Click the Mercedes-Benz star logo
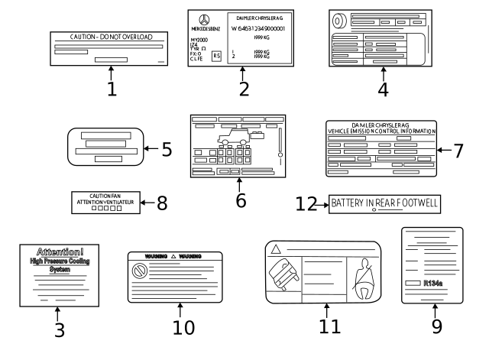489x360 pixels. coord(204,19)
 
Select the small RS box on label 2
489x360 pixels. coord(216,57)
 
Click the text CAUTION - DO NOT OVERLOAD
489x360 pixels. coord(112,37)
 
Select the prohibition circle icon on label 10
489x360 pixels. coord(140,270)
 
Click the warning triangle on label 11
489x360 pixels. coord(274,249)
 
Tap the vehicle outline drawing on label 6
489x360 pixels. coord(232,140)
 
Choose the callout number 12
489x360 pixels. coord(306,204)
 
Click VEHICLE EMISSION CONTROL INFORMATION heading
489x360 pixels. coord(381,131)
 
